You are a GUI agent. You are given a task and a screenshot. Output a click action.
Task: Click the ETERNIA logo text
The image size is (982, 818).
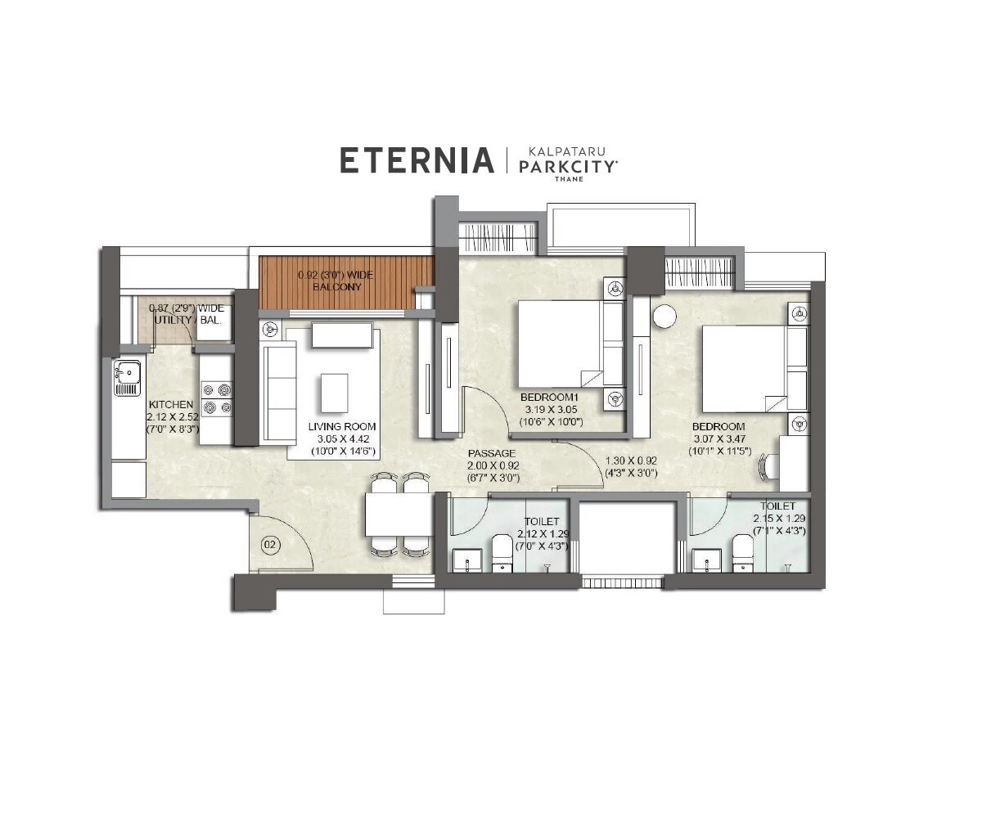pyautogui.click(x=417, y=160)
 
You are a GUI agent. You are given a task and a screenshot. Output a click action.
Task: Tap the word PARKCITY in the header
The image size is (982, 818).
pyautogui.click(x=569, y=166)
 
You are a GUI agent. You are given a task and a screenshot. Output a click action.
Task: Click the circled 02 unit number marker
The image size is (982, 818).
pyautogui.click(x=268, y=543)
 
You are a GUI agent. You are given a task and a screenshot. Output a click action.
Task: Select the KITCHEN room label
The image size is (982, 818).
pyautogui.click(x=171, y=405)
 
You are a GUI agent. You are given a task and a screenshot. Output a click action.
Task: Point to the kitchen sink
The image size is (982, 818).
pyautogui.click(x=127, y=379)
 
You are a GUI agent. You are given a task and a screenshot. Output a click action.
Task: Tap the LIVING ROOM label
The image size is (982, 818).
pyautogui.click(x=341, y=426)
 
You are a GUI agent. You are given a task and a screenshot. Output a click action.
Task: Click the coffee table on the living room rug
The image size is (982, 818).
pyautogui.click(x=334, y=393)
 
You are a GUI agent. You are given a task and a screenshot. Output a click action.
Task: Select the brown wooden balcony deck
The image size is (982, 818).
pyautogui.click(x=346, y=282)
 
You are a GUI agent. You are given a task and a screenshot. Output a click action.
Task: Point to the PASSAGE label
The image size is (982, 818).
pyautogui.click(x=491, y=453)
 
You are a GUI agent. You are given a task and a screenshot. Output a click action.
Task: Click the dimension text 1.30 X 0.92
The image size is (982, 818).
pyautogui.click(x=631, y=461)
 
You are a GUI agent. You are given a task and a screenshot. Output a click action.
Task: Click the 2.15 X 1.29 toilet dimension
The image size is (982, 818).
pyautogui.click(x=780, y=519)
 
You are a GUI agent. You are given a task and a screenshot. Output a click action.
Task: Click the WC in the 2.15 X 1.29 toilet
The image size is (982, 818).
pyautogui.click(x=742, y=554)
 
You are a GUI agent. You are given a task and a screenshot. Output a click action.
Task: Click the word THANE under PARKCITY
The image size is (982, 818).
pyautogui.click(x=569, y=179)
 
